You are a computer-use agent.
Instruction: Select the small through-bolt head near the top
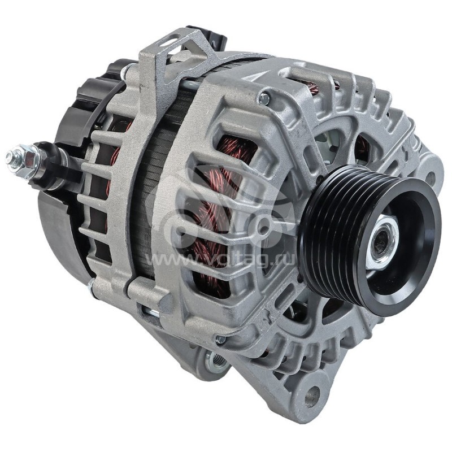point(264,99)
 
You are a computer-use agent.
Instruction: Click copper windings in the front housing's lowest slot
point(218,282)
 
